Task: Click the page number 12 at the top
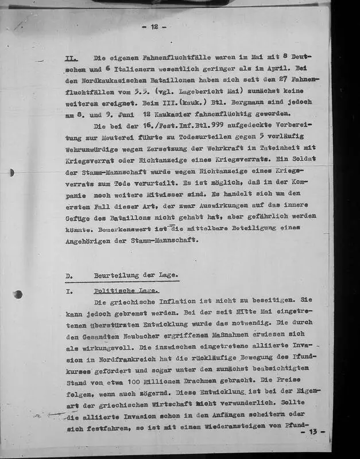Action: (154, 26)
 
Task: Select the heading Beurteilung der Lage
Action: (136, 275)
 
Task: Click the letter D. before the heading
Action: (69, 275)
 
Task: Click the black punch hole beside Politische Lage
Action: (18, 294)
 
